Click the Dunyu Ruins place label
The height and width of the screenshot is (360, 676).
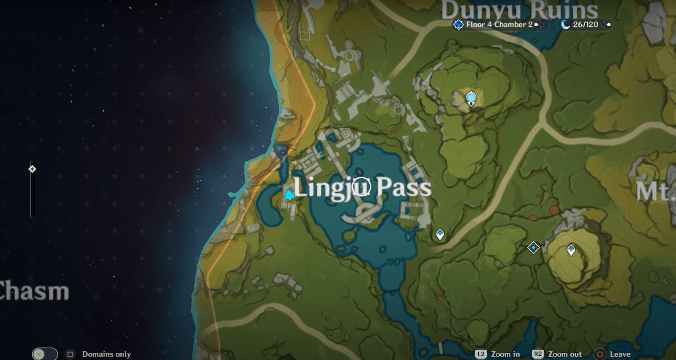click(x=519, y=10)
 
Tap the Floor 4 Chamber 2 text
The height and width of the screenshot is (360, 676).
click(x=499, y=25)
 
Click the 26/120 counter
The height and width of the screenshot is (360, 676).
click(x=585, y=25)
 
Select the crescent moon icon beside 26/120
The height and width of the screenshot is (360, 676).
click(x=565, y=25)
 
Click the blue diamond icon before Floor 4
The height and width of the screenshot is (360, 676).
click(x=458, y=25)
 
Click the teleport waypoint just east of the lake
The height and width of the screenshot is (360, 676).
click(x=440, y=234)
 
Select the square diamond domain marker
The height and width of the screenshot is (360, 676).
click(x=533, y=247)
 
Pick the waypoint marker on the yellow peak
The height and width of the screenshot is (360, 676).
click(x=571, y=250)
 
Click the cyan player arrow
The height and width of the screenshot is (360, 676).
click(x=289, y=195)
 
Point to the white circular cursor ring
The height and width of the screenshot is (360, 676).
click(x=361, y=186)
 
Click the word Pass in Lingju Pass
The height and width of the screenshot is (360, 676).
click(x=403, y=187)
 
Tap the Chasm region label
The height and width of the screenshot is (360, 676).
click(x=34, y=292)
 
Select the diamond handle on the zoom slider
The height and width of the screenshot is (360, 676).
click(x=32, y=169)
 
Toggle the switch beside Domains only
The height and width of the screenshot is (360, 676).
click(x=45, y=354)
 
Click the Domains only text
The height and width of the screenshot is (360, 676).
click(x=106, y=354)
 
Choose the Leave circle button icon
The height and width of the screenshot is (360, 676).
click(x=600, y=354)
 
